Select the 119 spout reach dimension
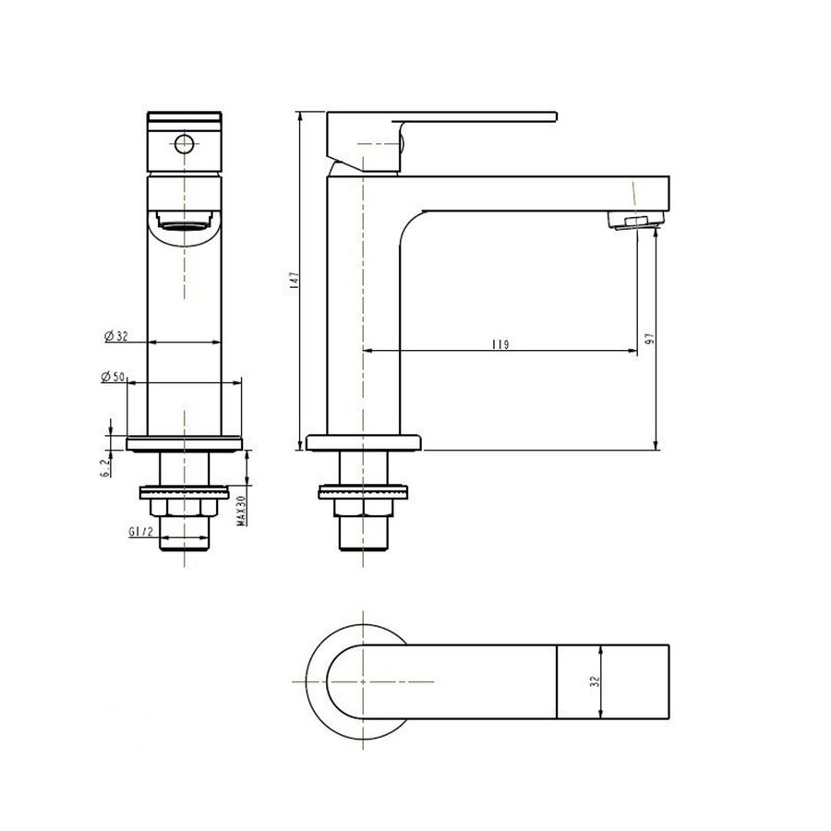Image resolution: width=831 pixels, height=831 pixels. [501, 343]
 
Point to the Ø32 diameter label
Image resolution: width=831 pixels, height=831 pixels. [115, 336]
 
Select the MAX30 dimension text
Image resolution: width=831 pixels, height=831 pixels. [239, 508]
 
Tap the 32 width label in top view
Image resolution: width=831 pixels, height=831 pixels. [596, 681]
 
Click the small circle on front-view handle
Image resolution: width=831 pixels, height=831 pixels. [185, 143]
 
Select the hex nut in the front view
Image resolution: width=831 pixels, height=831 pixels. [185, 510]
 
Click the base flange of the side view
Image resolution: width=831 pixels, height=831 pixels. [364, 441]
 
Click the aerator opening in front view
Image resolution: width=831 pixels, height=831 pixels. [185, 221]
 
